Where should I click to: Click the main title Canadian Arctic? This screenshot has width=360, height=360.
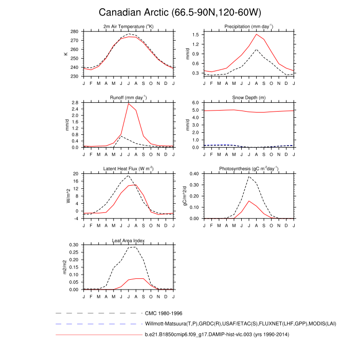point(179,12)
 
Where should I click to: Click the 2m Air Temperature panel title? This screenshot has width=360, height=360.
point(128,26)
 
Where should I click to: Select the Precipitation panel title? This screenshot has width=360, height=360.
point(248,26)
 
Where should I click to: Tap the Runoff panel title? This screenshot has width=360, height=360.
point(128,97)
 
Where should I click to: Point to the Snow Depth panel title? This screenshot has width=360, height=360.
point(248,97)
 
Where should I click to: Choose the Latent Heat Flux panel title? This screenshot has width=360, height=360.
point(128,168)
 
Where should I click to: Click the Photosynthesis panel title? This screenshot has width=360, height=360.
point(248,168)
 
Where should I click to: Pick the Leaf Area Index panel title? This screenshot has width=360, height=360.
point(128,240)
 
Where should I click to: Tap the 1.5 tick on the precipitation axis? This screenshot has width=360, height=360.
point(195,34)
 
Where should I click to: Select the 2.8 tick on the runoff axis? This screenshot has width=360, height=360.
point(75,102)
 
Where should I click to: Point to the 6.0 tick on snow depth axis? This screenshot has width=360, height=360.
point(195,102)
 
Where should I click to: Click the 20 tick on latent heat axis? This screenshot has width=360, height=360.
point(77,173)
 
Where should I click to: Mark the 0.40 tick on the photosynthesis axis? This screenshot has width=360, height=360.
point(194,173)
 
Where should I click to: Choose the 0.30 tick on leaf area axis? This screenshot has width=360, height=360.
point(74,245)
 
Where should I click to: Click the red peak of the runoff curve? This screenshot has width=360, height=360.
point(129,103)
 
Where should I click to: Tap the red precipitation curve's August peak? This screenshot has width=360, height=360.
point(257,34)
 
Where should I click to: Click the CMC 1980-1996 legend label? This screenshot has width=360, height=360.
point(164,313)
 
